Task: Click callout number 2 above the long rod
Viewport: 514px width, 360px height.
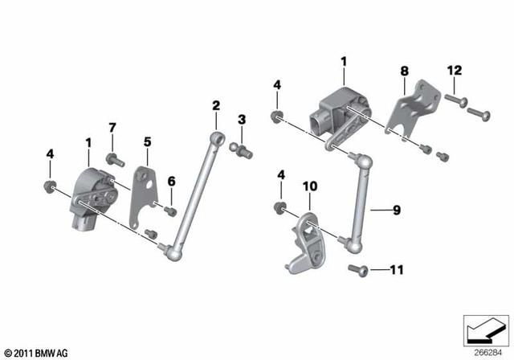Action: (215, 105)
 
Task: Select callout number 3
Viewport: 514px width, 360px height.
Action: (241, 121)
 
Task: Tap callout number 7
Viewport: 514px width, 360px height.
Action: (112, 128)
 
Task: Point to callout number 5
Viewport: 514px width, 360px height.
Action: (148, 141)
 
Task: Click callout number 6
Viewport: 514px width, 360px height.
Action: (171, 182)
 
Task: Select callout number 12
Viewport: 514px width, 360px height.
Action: (455, 72)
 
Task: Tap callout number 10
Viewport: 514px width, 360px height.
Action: (310, 186)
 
